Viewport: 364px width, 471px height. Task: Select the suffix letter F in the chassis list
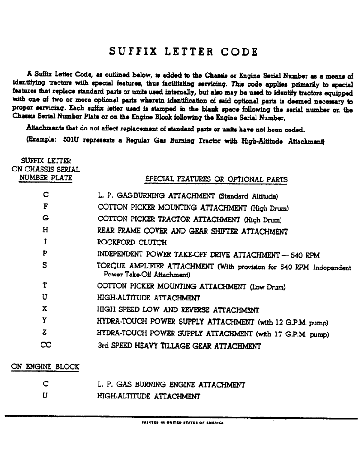(45, 206)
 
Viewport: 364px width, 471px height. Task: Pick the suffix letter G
(45, 219)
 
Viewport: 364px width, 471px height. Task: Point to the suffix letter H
(45, 231)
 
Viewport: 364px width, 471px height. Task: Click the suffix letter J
(45, 243)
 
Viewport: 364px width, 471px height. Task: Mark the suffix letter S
(45, 265)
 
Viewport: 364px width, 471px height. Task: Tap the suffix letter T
(45, 285)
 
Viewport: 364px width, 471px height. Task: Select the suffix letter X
(45, 309)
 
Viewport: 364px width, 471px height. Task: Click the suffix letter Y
(45, 322)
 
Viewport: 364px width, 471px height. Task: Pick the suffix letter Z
(45, 334)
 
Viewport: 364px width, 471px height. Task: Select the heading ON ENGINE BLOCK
(45, 366)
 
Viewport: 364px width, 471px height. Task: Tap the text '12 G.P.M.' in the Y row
(291, 323)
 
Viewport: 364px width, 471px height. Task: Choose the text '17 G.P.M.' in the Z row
(291, 334)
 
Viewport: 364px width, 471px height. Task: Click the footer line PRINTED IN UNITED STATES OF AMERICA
(182, 422)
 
